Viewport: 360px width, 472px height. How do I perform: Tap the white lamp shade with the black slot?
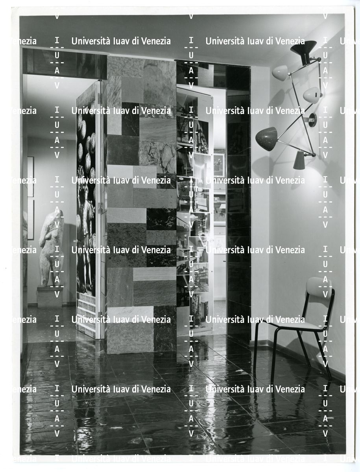(312, 96)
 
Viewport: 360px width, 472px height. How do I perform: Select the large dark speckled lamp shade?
(267, 138)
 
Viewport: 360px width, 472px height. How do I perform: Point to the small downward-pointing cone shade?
(299, 160)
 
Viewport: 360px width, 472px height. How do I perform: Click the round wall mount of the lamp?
(312, 119)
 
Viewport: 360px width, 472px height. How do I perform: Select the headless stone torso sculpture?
(51, 248)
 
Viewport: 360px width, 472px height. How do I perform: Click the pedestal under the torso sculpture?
(50, 297)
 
